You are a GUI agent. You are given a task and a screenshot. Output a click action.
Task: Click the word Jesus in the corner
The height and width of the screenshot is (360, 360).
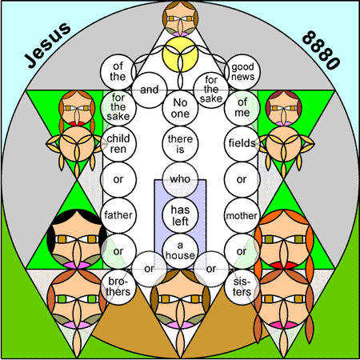(47, 45)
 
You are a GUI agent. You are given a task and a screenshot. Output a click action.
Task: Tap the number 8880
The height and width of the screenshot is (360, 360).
(322, 50)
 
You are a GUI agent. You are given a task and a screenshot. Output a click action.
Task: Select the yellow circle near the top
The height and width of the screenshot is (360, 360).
(180, 54)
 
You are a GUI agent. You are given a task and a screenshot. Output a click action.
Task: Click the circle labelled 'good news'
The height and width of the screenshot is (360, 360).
(242, 72)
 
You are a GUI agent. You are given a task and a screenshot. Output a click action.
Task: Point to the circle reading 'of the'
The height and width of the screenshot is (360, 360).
(118, 72)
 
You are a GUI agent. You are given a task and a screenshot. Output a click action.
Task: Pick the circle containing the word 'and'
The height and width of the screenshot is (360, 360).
(150, 90)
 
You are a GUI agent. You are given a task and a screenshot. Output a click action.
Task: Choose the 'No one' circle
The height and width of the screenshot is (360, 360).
(180, 108)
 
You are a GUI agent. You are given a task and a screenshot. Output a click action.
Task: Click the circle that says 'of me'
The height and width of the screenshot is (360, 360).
(242, 108)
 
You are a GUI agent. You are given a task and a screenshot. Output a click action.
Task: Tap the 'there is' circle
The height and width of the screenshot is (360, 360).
(180, 144)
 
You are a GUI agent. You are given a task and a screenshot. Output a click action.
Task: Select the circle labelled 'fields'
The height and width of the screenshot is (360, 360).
(242, 144)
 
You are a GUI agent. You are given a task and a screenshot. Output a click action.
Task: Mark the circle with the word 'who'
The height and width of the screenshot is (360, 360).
(180, 180)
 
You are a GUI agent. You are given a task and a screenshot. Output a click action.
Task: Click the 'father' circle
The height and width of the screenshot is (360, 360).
(118, 215)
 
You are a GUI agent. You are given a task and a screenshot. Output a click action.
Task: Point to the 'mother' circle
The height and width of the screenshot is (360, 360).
(242, 215)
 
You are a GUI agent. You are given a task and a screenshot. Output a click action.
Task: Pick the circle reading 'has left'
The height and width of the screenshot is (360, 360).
(180, 215)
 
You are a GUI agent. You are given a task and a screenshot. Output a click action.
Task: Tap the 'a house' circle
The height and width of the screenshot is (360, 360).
(180, 251)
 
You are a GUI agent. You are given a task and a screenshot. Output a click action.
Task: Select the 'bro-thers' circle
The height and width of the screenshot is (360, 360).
(118, 287)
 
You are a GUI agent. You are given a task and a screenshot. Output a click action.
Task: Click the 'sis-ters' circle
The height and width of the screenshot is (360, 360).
(242, 287)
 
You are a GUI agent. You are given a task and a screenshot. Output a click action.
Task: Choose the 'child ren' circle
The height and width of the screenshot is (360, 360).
(118, 144)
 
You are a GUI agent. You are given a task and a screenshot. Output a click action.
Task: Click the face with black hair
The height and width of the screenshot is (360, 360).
(77, 239)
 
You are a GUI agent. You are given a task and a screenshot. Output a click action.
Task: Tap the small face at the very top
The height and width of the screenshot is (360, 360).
(180, 18)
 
